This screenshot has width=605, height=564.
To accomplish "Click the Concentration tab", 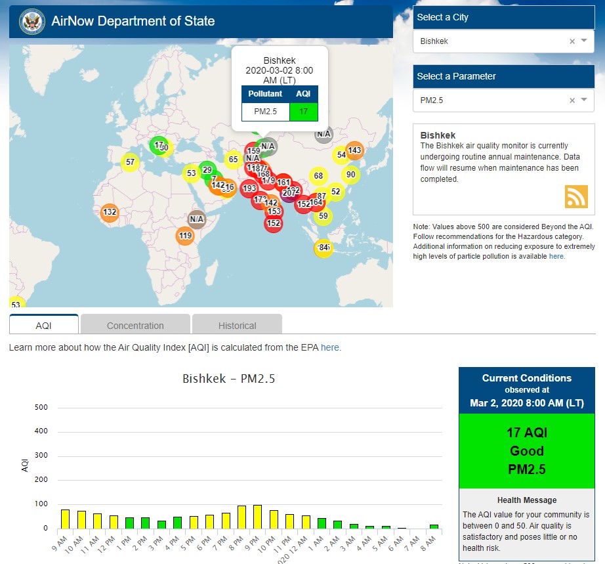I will [x=135, y=325].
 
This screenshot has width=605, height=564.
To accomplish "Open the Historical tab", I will [x=237, y=325].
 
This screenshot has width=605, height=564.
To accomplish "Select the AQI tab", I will [x=43, y=325].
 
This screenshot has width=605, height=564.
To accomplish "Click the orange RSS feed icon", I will [x=576, y=197].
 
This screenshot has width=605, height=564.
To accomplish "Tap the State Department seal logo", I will [x=31, y=22].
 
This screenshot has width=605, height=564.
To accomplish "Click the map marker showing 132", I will [x=110, y=212].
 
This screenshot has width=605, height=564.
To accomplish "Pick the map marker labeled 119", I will [x=185, y=236].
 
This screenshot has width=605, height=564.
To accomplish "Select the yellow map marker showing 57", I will [x=130, y=162].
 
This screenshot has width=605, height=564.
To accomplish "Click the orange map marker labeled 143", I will [x=354, y=150].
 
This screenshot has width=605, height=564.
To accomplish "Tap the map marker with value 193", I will [x=249, y=188].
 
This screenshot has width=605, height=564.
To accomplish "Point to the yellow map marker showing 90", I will [x=351, y=175].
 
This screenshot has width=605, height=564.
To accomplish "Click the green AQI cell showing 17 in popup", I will [x=303, y=112].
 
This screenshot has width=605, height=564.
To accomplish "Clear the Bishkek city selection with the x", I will [x=572, y=41].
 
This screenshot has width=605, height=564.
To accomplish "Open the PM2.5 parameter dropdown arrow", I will [x=584, y=100].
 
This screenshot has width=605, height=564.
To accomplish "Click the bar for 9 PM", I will [x=257, y=517].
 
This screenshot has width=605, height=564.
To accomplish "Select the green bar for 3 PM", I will [x=161, y=524].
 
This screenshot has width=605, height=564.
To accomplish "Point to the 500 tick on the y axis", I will [x=41, y=408].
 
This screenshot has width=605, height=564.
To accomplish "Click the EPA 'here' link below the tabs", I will [x=330, y=347].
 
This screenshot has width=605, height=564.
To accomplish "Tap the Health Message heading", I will [x=527, y=500].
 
